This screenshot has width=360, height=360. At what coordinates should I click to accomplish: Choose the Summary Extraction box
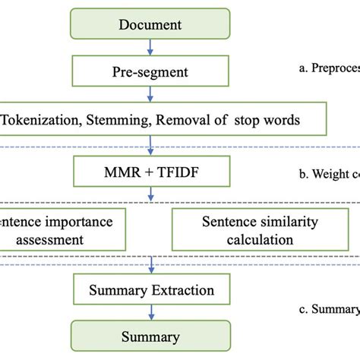(x=151, y=289)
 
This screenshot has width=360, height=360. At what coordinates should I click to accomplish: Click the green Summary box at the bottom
(x=151, y=335)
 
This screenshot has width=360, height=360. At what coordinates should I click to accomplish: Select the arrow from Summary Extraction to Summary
(x=151, y=311)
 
